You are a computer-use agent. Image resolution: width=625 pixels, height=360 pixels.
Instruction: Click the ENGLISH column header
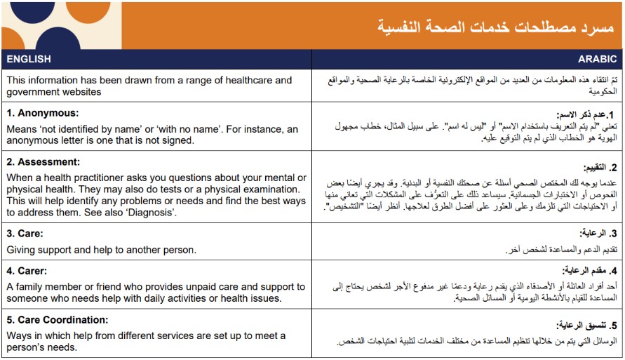pos(29,59)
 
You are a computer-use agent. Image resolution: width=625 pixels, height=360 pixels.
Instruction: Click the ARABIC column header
pos(597,59)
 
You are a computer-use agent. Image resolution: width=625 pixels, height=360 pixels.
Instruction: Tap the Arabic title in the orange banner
pos(495,27)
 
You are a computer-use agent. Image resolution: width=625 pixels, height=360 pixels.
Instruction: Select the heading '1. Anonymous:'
pos(43,113)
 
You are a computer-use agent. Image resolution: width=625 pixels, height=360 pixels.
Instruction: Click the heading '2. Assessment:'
pos(43,162)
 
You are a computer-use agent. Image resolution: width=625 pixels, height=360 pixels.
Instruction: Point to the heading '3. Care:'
pos(25,233)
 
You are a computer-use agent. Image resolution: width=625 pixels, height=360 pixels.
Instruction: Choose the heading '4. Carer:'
pos(27,271)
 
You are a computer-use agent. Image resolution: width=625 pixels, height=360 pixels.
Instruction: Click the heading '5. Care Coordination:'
pos(58,320)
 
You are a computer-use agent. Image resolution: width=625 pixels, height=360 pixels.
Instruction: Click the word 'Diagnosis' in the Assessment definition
pos(150,213)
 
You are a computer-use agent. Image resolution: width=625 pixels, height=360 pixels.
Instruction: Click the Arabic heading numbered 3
pos(598,233)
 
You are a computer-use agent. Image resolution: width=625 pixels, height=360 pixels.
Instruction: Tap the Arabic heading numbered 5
pos(586,326)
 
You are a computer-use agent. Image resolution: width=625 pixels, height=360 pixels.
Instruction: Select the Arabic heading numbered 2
pos(600,168)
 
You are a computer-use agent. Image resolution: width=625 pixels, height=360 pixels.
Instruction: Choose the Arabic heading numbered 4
pos(589,271)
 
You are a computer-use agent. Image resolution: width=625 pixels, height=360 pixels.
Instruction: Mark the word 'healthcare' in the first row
pos(250,80)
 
